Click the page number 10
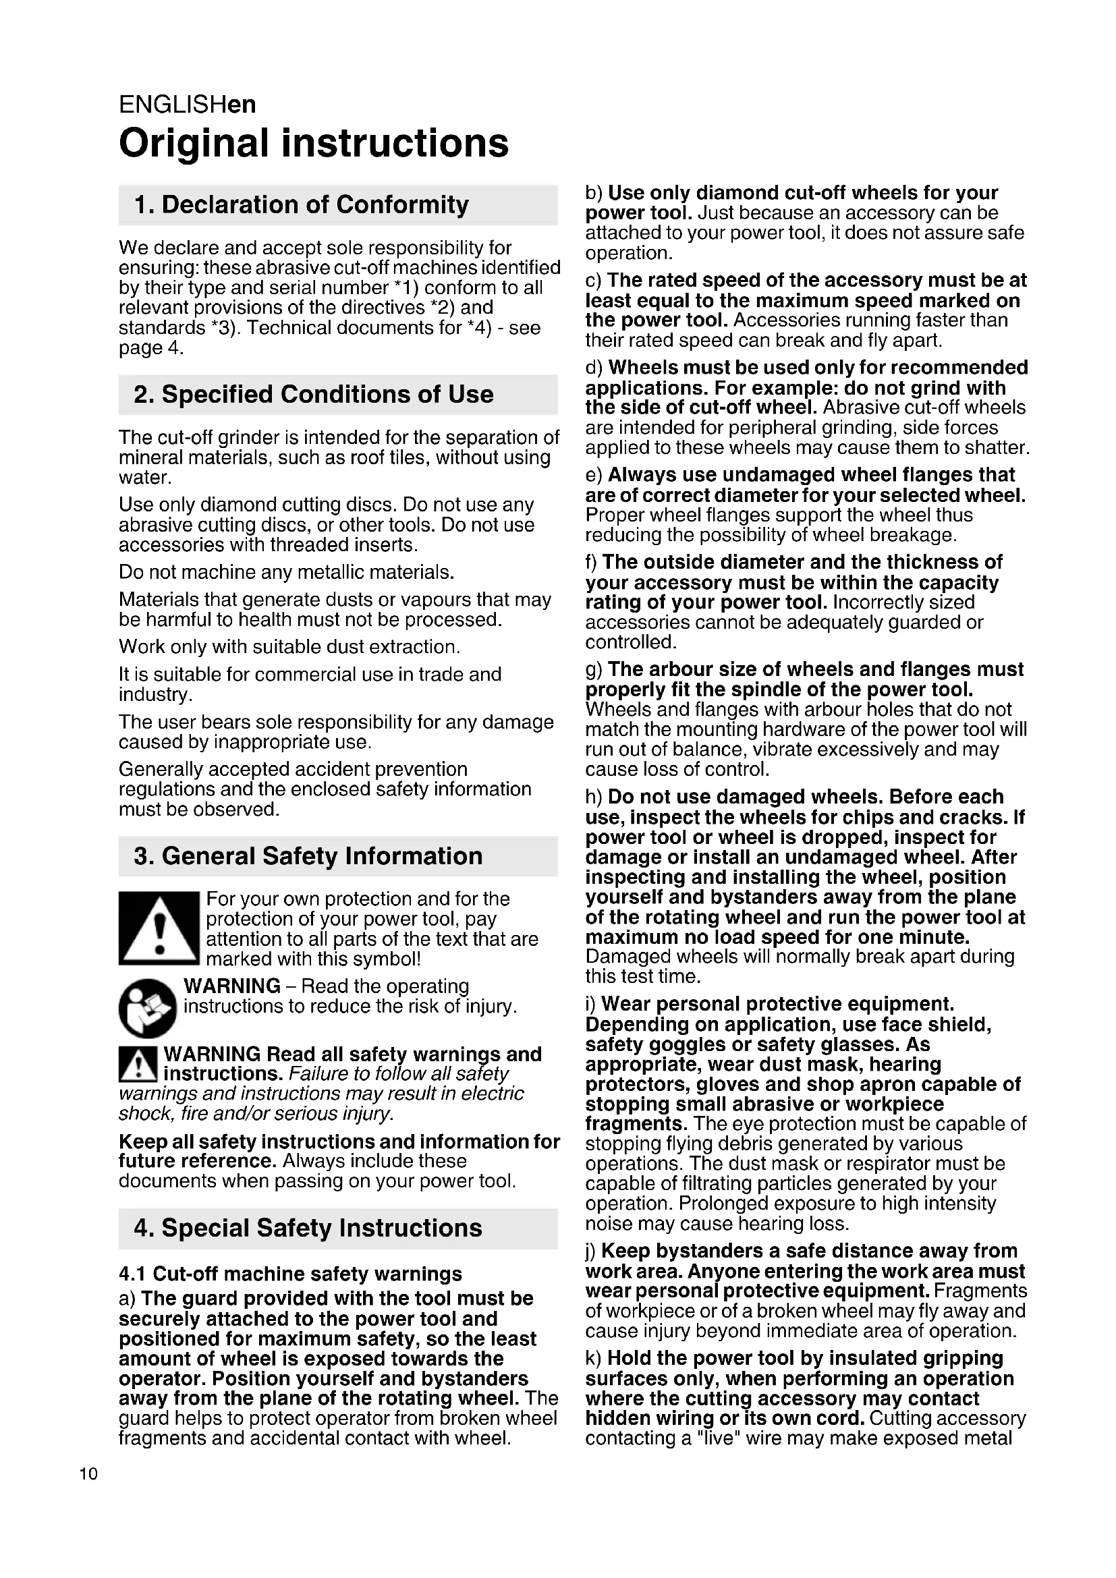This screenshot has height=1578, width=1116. coord(88,1473)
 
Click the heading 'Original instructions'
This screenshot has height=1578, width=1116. coord(313,143)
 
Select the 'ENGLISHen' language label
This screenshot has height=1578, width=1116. coord(187,105)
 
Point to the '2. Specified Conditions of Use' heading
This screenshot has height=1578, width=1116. coord(313,394)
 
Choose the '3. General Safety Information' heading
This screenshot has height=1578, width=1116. coord(308,855)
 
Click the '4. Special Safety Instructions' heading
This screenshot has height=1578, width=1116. coord(308,1227)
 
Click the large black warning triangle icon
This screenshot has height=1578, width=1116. coord(159,928)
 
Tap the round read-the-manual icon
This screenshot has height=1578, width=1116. coord(147,1007)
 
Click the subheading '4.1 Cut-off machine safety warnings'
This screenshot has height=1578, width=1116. coord(290,1274)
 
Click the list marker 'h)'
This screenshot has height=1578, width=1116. coord(594,797)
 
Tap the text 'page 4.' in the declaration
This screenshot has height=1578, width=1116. coord(151,347)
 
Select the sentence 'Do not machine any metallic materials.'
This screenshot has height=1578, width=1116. coord(287,572)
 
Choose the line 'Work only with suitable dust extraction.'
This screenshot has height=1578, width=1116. coord(289,647)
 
